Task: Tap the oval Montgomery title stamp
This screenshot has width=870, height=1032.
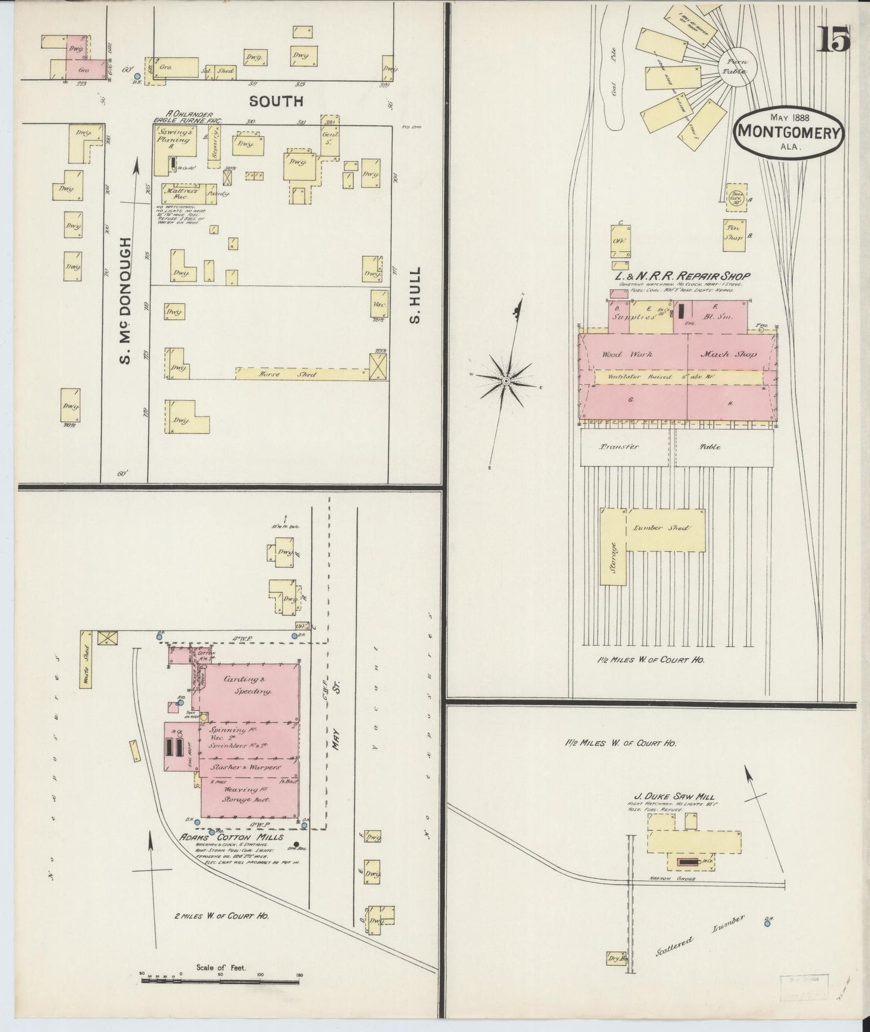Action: click(x=788, y=134)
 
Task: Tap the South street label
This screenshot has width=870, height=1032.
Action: click(x=276, y=101)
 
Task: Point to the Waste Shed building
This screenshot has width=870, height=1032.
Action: click(x=86, y=658)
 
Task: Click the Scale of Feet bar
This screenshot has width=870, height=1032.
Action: click(x=221, y=980)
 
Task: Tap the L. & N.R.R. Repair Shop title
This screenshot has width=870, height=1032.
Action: click(x=681, y=276)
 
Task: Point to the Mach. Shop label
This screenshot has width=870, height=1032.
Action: click(x=729, y=355)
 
